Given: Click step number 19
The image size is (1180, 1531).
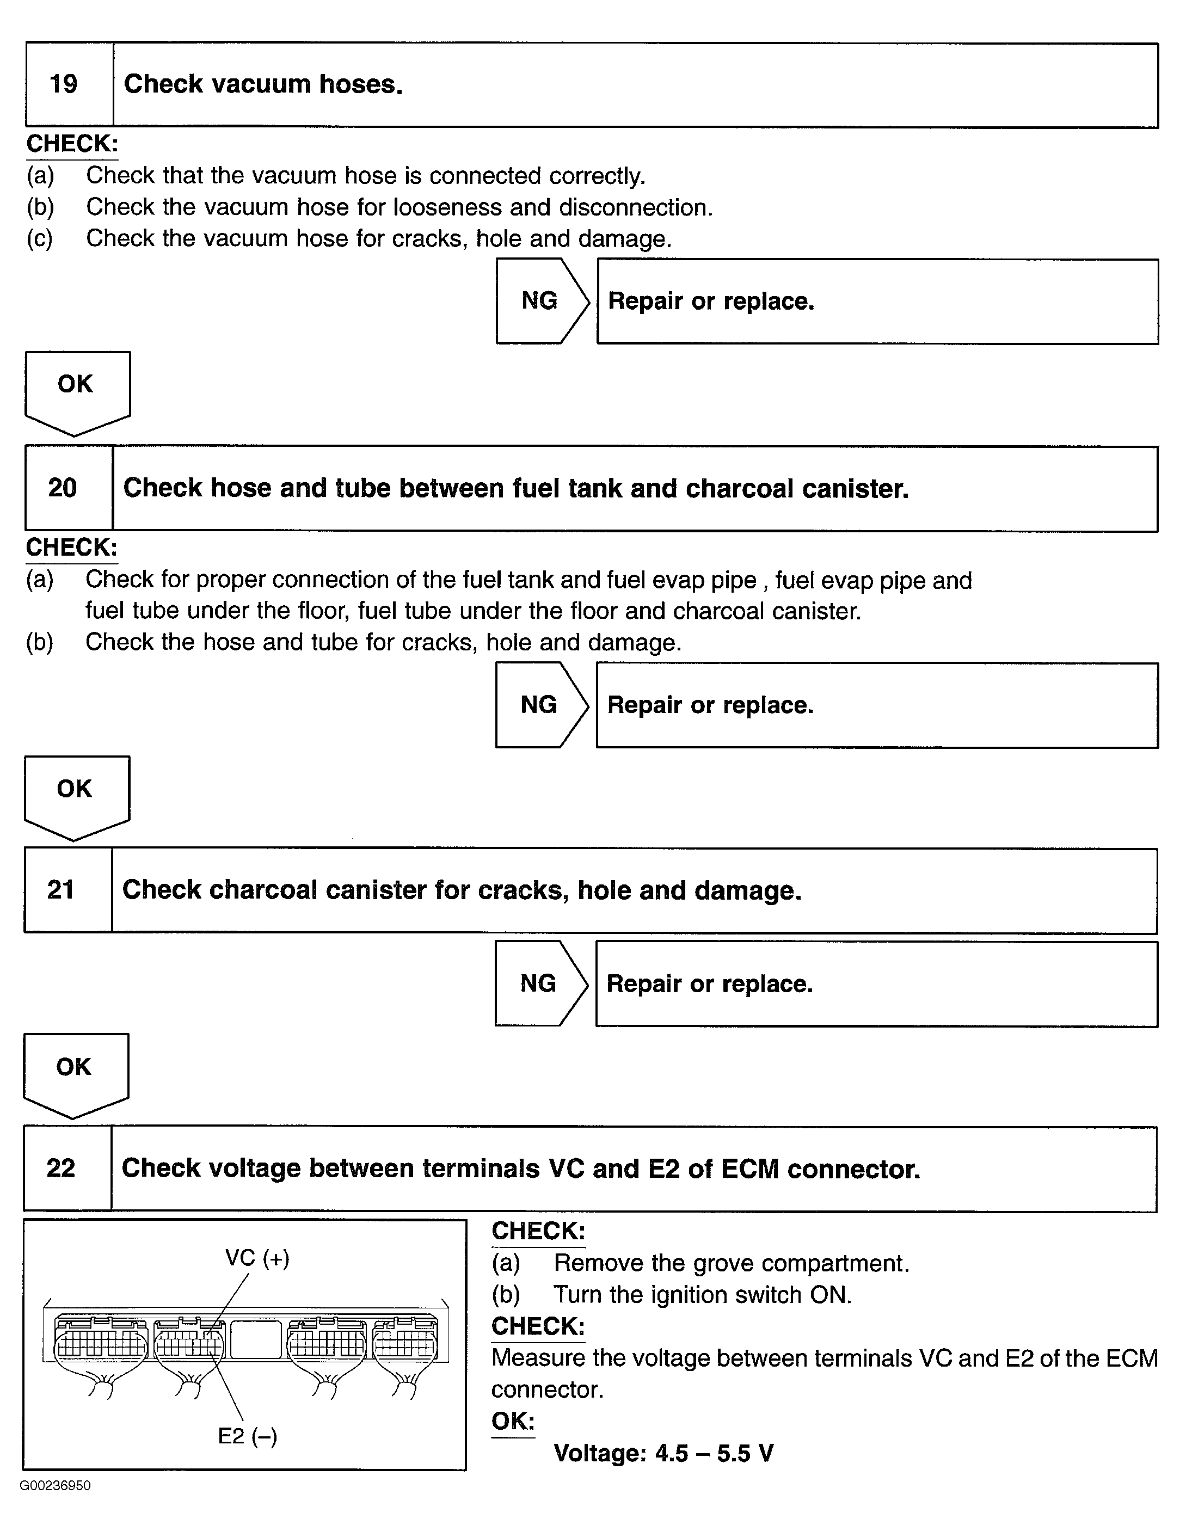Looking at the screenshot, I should point(63,84).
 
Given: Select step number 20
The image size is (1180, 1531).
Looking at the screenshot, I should point(63,488).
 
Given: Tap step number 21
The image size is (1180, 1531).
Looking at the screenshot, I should point(61,889).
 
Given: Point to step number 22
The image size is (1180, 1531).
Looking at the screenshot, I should point(61,1168).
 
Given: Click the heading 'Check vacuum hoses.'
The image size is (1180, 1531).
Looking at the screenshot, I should point(263,84).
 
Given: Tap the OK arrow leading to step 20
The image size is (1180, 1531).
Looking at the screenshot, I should point(76,390).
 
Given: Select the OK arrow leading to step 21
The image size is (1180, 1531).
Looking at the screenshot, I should point(75,794).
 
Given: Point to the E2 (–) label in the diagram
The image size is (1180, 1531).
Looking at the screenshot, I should point(248,1436).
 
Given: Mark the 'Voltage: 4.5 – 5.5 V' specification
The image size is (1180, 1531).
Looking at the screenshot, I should point(663,1453).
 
